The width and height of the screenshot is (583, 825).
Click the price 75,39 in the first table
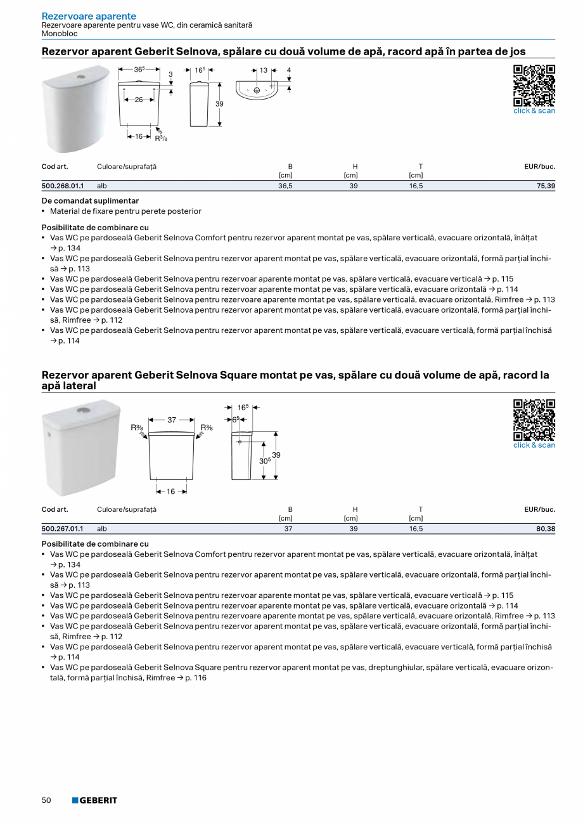click(x=544, y=186)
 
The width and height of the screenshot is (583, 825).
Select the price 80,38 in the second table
click(x=544, y=528)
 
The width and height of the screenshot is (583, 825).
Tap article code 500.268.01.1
click(x=63, y=186)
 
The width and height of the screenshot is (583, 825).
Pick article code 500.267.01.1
click(x=63, y=528)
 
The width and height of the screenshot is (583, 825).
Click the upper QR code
click(x=534, y=86)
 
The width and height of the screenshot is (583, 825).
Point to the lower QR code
click(x=534, y=420)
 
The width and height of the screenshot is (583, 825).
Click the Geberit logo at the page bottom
click(x=94, y=800)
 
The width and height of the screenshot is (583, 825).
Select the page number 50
click(x=46, y=800)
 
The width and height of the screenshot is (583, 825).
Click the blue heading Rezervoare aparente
click(x=89, y=16)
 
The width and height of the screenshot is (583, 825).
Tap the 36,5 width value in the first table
click(x=285, y=186)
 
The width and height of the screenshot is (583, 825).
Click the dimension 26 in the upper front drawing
click(x=138, y=100)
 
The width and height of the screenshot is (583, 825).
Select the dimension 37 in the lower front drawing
click(x=171, y=420)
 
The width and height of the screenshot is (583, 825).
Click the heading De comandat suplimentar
click(x=90, y=200)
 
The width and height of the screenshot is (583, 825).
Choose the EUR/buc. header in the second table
click(x=539, y=509)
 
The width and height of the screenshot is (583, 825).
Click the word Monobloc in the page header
click(x=60, y=34)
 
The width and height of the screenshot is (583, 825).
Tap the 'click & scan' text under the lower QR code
click(x=534, y=445)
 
